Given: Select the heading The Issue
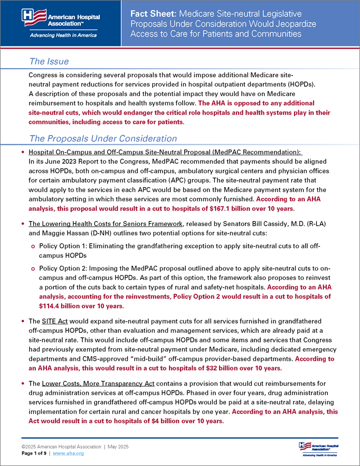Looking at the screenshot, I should pyautogui.click(x=49, y=62).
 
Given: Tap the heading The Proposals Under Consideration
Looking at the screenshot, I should pyautogui.click(x=102, y=138).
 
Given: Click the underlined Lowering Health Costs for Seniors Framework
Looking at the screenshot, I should pyautogui.click(x=106, y=225).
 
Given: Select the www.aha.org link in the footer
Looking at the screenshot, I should pyautogui.click(x=66, y=453).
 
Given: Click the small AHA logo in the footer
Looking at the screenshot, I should pyautogui.click(x=318, y=448).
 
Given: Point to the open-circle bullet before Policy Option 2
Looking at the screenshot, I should pyautogui.click(x=33, y=269).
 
